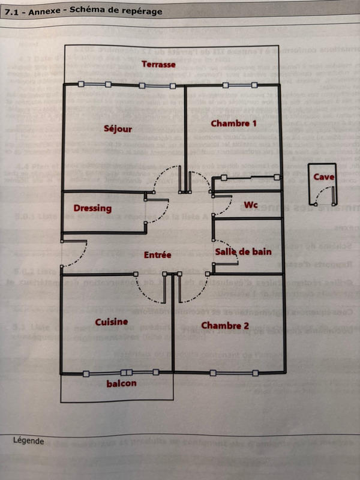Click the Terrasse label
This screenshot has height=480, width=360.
pos(158,64)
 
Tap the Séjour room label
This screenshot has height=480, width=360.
pos(118,128)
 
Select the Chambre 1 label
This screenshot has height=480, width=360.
pos(233,123)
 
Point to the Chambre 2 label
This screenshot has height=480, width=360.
pos(224,325)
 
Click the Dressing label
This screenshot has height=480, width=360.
pos(92,208)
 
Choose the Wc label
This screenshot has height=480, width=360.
pos(250,205)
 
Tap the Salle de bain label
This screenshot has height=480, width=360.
pos(243,251)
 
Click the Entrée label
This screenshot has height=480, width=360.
pos(157,255)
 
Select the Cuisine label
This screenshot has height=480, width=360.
pos(111,322)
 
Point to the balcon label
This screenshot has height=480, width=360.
pos(121,383)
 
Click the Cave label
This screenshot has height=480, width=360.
pos(323,176)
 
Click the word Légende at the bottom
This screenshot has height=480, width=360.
pos(28,440)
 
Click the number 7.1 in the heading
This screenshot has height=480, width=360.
pos(12,11)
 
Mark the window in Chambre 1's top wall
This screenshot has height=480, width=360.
pos(239,85)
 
